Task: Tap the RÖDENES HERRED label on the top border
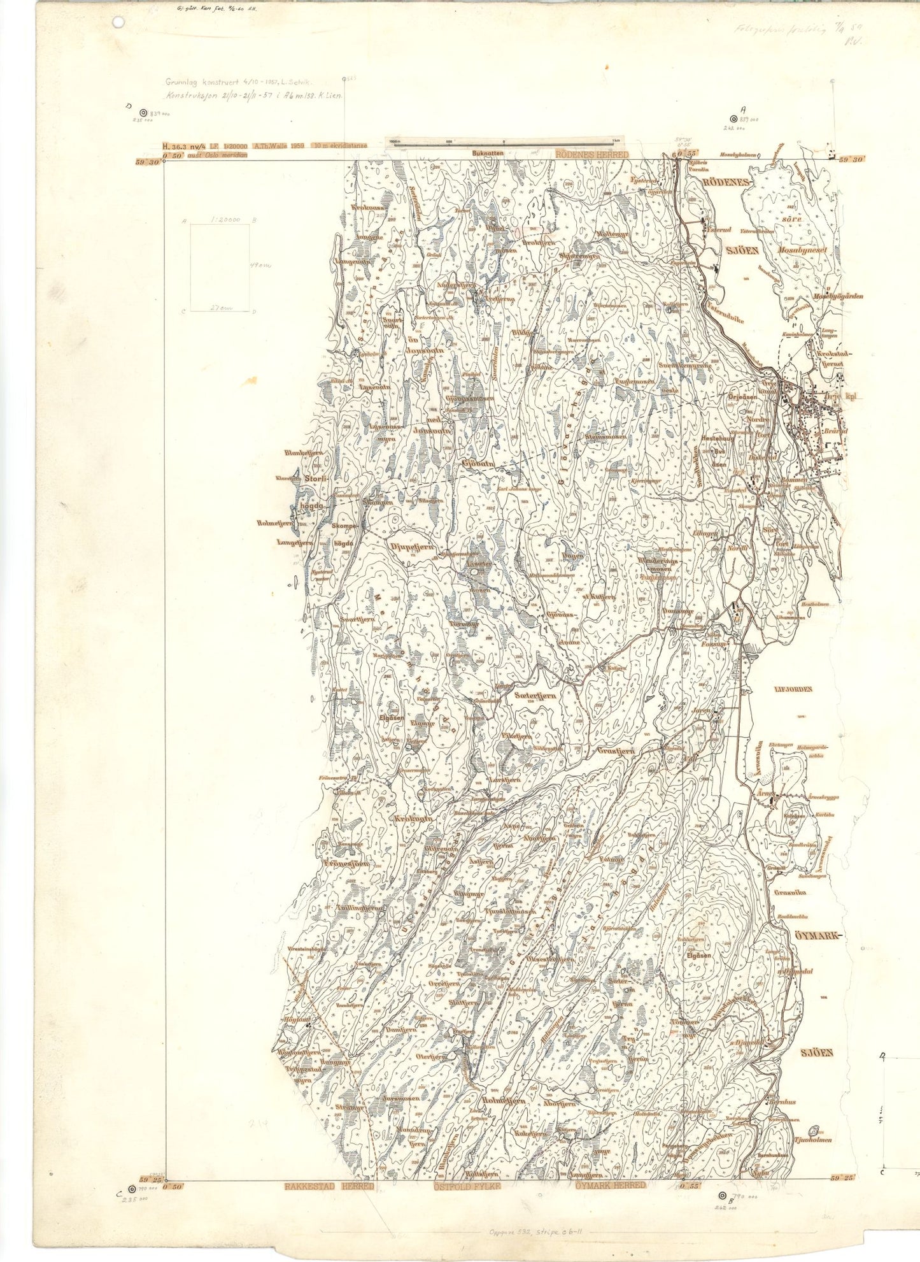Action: [x=591, y=154]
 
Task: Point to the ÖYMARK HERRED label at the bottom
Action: [x=610, y=1185]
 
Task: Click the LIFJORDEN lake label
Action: [x=794, y=689]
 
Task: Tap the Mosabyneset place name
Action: [x=802, y=250]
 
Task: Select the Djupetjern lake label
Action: [x=411, y=547]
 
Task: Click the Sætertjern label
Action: [x=535, y=696]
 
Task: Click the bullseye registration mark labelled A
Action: [x=733, y=118]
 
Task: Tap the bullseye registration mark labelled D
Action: [x=143, y=112]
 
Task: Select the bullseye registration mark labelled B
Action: [x=722, y=1196]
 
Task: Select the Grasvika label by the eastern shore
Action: [x=789, y=893]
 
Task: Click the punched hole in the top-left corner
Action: [x=117, y=22]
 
